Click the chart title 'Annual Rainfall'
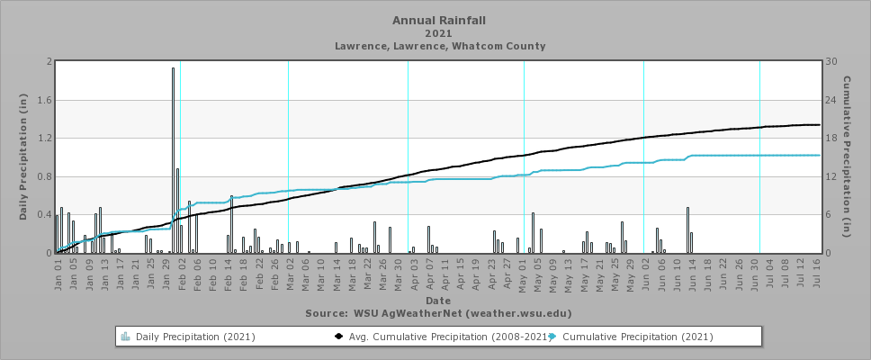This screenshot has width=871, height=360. [439, 20]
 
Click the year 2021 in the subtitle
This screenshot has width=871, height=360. [439, 32]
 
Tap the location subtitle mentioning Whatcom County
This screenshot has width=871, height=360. [439, 46]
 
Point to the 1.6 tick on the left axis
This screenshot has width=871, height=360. [46, 100]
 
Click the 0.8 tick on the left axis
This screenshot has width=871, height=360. [46, 176]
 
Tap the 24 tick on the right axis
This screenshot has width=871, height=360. [832, 100]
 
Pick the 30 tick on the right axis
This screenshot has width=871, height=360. [832, 62]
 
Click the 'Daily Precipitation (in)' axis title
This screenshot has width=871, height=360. [23, 157]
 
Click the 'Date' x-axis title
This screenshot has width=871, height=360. [438, 300]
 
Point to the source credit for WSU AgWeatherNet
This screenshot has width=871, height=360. [438, 313]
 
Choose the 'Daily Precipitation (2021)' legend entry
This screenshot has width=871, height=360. [193, 337]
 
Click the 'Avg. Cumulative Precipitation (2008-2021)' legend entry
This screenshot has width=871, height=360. [441, 337]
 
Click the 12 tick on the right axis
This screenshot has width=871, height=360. [832, 176]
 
